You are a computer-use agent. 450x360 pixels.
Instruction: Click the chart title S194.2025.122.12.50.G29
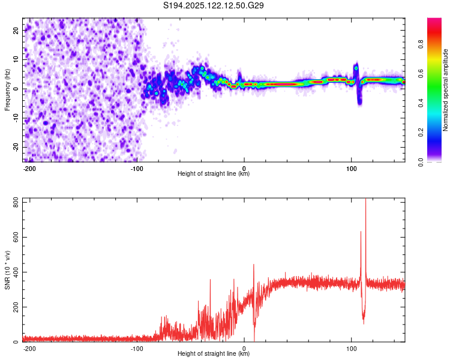[213, 5]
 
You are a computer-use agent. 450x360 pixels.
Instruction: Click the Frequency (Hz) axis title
[7, 90]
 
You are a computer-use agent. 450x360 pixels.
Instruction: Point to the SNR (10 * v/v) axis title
[7, 270]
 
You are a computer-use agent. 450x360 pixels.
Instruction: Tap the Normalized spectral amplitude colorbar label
[445, 90]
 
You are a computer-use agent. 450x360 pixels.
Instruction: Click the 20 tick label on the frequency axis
[16, 31]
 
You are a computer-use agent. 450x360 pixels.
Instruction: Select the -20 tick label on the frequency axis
[16, 146]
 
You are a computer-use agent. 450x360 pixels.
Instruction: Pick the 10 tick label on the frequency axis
[16, 59]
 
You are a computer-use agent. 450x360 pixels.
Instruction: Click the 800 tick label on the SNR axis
[16, 203]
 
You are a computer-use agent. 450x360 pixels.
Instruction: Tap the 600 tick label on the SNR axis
[16, 237]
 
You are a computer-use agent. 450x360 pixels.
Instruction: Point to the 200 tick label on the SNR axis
[16, 307]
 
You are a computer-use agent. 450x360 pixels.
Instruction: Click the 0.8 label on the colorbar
[421, 44]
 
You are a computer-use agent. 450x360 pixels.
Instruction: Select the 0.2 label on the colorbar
[421, 133]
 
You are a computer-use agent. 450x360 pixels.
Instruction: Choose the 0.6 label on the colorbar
[421, 74]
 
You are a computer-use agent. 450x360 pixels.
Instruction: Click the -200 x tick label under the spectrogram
[29, 169]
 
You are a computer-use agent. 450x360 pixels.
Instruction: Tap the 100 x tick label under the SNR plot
[351, 349]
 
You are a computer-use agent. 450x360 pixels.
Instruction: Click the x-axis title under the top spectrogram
[214, 173]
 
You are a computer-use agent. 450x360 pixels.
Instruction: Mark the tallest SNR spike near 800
[365, 199]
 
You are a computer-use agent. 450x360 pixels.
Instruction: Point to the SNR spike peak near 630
[361, 232]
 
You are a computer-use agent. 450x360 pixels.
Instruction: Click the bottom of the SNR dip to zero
[254, 341]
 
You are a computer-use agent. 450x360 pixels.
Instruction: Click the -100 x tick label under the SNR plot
[137, 349]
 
